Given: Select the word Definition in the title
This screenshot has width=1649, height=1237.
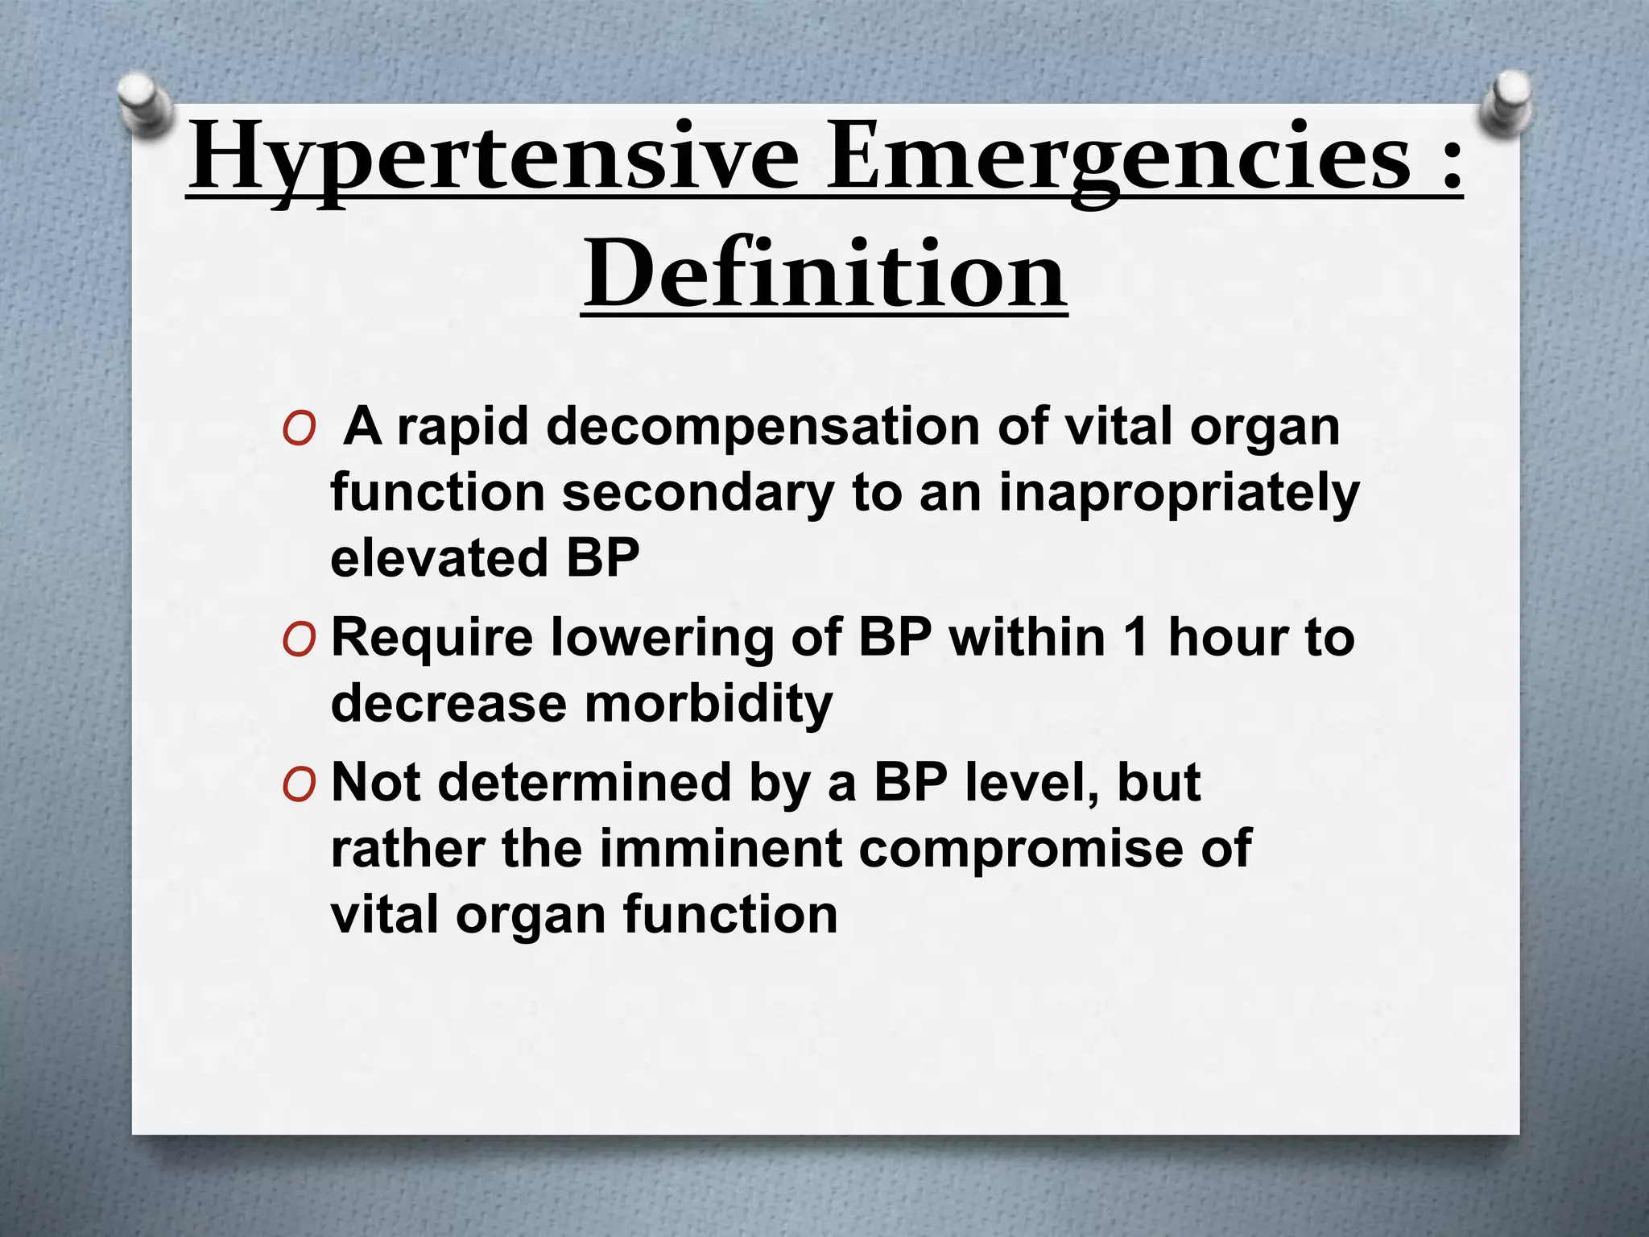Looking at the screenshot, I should [x=824, y=274].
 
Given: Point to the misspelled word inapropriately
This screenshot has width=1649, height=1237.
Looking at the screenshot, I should [x=1179, y=492].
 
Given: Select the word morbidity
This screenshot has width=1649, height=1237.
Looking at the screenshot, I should [x=709, y=704].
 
